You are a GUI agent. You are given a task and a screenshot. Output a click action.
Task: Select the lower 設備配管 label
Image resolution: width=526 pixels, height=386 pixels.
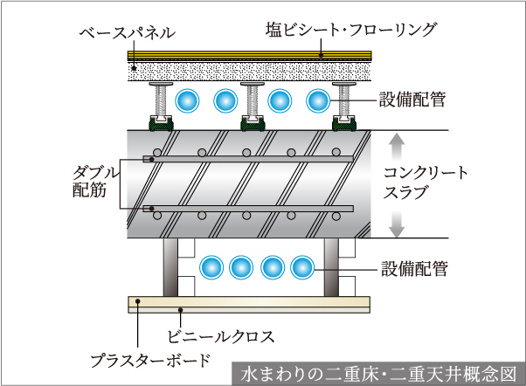(413, 268)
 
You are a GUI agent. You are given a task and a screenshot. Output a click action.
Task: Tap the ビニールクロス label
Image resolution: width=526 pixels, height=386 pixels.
(221, 334)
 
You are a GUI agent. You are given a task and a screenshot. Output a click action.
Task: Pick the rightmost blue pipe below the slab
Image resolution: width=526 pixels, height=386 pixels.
(301, 266)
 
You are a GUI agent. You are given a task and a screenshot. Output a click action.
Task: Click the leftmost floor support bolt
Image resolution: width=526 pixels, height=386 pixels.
(162, 103)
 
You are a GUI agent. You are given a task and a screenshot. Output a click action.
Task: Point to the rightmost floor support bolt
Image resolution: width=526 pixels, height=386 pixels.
(346, 103)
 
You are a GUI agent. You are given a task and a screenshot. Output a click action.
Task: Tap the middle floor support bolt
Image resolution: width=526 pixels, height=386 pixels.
(253, 103)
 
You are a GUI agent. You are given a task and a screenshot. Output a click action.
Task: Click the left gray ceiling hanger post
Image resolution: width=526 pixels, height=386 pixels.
(170, 267)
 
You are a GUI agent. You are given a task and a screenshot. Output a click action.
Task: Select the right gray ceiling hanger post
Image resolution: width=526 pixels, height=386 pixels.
(331, 267)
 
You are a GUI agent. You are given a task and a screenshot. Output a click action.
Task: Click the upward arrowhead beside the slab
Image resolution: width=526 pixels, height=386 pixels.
(396, 140)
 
